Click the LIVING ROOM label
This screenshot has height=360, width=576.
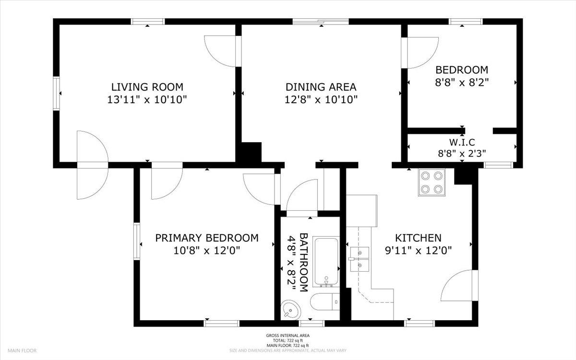(147, 87)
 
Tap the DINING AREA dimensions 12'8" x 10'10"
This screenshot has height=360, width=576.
(321, 99)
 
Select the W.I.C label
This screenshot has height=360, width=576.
(462, 143)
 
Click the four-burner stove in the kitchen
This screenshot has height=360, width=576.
(431, 182)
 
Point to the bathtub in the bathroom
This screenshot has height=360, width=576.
(326, 262)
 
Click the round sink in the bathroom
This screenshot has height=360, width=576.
(290, 310)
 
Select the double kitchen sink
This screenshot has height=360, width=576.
(360, 258)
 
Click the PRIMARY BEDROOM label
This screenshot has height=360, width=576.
(206, 238)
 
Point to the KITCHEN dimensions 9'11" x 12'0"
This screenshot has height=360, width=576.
(418, 250)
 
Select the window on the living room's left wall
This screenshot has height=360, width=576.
(57, 93)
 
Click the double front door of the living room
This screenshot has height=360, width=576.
(92, 165)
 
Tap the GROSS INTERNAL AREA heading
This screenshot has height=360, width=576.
(288, 336)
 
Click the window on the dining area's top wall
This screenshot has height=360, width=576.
(321, 21)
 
